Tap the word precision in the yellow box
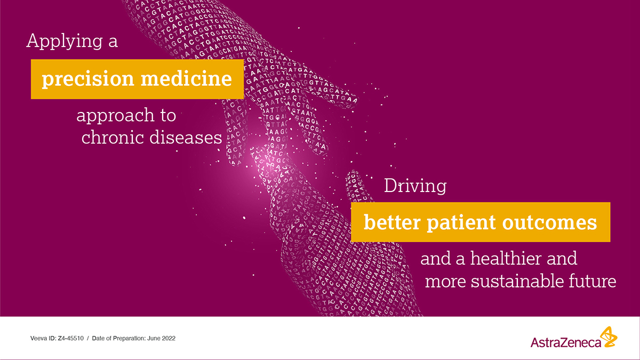click(x=87, y=79)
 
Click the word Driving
click(x=415, y=186)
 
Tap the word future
click(x=595, y=281)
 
